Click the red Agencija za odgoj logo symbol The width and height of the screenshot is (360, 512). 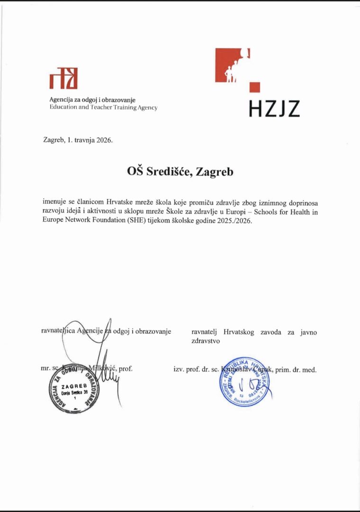click(63, 79)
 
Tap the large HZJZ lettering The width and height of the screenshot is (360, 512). click(274, 109)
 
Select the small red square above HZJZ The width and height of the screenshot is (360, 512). click(255, 87)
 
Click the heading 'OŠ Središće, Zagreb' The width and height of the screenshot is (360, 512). click(180, 172)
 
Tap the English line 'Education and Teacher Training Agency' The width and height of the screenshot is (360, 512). click(103, 108)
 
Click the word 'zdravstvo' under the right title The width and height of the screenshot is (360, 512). click(206, 340)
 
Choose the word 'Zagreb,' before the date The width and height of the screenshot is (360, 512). click(54, 140)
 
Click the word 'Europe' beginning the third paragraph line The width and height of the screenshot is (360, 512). click(53, 221)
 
